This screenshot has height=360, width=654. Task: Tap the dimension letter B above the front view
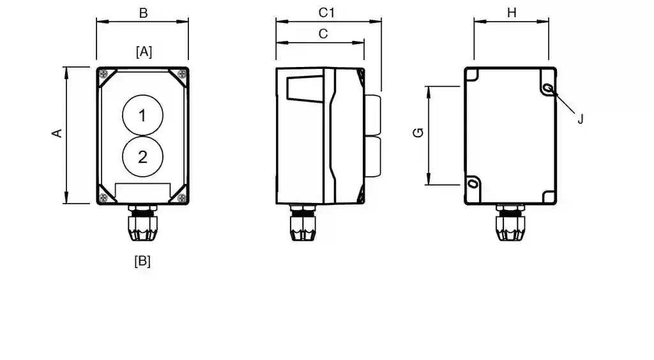[x=143, y=13]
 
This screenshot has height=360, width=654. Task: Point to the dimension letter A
[x=57, y=133]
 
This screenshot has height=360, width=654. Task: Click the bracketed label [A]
[x=144, y=52]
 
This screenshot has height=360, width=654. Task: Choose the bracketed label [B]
[x=142, y=261]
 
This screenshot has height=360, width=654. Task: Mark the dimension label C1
[x=326, y=13]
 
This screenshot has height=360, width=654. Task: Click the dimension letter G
[x=418, y=133]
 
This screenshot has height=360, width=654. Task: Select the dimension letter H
[x=512, y=13]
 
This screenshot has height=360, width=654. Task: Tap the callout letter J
[x=580, y=119]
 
